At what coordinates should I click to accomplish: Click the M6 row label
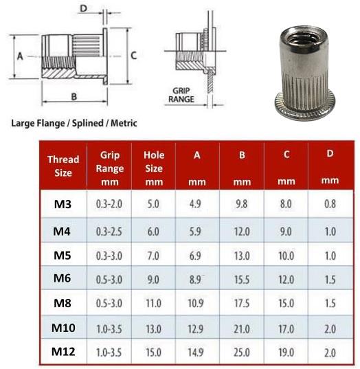62,278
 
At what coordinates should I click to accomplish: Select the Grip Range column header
110,168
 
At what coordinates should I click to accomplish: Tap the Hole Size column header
154,168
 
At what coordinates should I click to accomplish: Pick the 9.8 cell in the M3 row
242,204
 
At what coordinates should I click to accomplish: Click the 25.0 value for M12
242,353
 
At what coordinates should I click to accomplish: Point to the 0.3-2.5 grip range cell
109,232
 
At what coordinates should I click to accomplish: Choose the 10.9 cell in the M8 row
196,303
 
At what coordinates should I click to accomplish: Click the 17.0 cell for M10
286,328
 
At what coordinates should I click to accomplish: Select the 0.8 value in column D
330,204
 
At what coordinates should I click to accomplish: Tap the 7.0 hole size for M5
153,256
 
